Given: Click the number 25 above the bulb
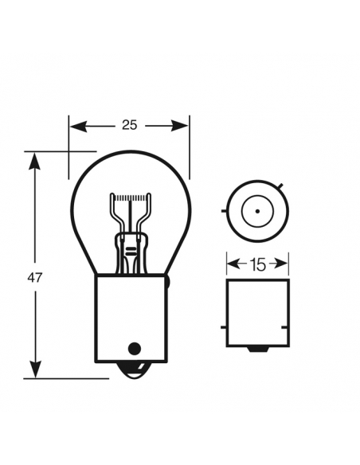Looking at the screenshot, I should [x=129, y=124].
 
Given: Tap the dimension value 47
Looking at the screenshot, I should [x=34, y=278].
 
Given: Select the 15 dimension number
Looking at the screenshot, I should [x=257, y=264].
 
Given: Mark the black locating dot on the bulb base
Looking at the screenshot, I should [x=134, y=347].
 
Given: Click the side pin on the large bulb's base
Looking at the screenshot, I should [x=171, y=281].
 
